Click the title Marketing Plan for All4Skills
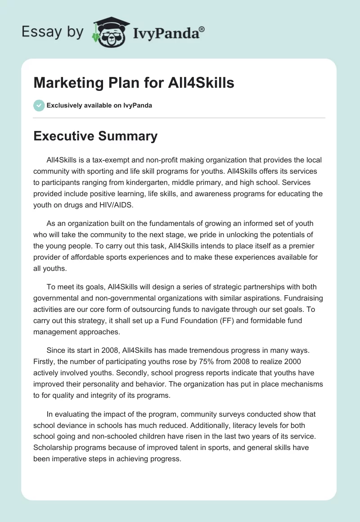[x=134, y=84]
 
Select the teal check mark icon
[x=39, y=105]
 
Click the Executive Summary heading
[x=95, y=136]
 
